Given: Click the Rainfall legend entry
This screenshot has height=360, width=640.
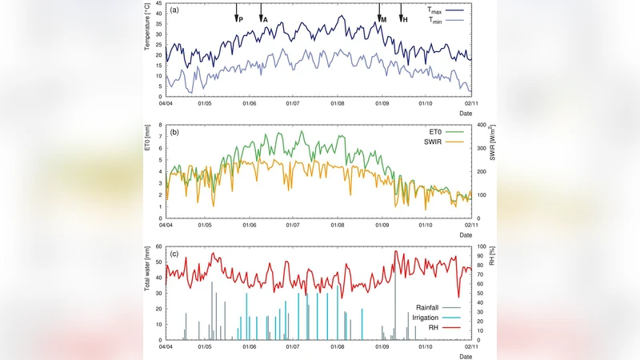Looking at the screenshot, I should (x=431, y=307).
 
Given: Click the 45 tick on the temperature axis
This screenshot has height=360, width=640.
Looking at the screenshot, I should (x=158, y=3).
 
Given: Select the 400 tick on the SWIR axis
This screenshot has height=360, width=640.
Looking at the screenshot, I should (x=482, y=125).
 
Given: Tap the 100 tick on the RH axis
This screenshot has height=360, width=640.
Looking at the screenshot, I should (x=480, y=247).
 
